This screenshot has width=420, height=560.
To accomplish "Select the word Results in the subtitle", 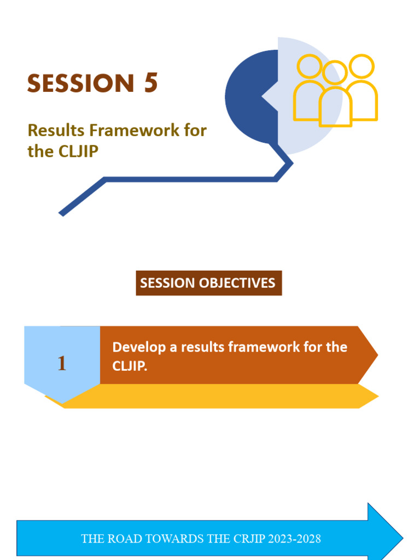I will [x=56, y=131].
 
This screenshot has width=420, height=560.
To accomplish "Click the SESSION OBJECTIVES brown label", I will [x=208, y=283].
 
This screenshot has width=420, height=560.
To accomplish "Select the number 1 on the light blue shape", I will [x=62, y=364].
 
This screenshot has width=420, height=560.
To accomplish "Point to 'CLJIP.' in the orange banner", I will [x=130, y=366].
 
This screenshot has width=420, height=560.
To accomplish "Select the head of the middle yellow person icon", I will [x=335, y=73].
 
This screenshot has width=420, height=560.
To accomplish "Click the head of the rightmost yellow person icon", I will [x=361, y=66].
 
